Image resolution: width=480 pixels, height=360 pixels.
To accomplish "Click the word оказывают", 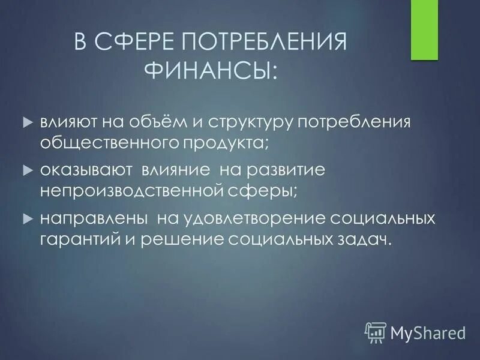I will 87,170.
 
